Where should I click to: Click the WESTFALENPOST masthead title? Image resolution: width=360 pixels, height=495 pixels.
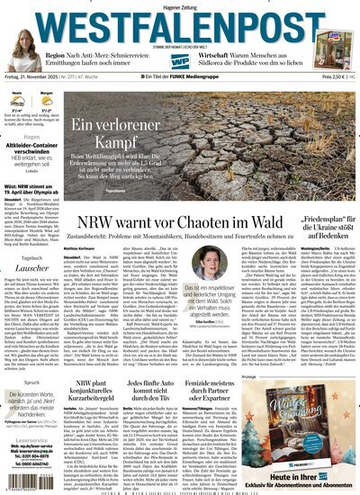pos(180,24)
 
